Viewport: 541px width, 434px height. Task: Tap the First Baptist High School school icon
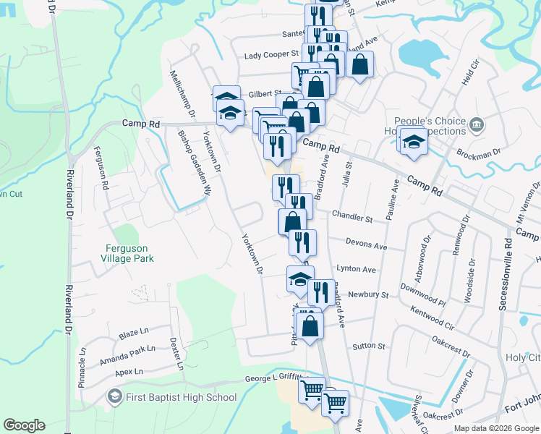click(114, 396)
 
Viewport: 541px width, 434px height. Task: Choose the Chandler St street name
click(352, 216)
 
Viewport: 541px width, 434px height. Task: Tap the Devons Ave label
click(366, 246)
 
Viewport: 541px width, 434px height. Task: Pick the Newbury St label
click(368, 295)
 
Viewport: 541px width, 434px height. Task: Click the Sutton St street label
click(368, 346)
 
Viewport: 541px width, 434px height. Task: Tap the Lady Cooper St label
click(271, 54)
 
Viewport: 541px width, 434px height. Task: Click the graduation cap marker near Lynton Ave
click(300, 280)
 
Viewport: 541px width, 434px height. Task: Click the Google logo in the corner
click(24, 425)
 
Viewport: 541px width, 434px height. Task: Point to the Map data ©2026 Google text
click(497, 428)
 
